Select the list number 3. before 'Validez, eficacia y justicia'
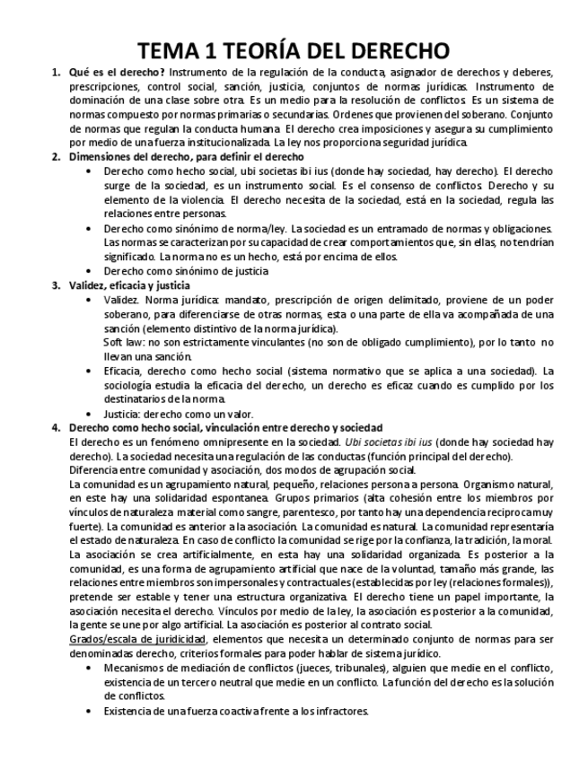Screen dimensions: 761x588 [x=56, y=285]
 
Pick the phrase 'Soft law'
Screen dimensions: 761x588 [x=123, y=343]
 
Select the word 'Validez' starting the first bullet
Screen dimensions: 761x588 [x=120, y=300]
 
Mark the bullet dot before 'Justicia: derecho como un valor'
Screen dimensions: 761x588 [x=88, y=414]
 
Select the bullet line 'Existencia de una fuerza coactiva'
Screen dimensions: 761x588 [x=235, y=711]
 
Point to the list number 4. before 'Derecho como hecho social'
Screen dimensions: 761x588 [x=56, y=428]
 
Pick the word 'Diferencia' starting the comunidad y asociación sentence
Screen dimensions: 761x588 [x=95, y=470]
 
